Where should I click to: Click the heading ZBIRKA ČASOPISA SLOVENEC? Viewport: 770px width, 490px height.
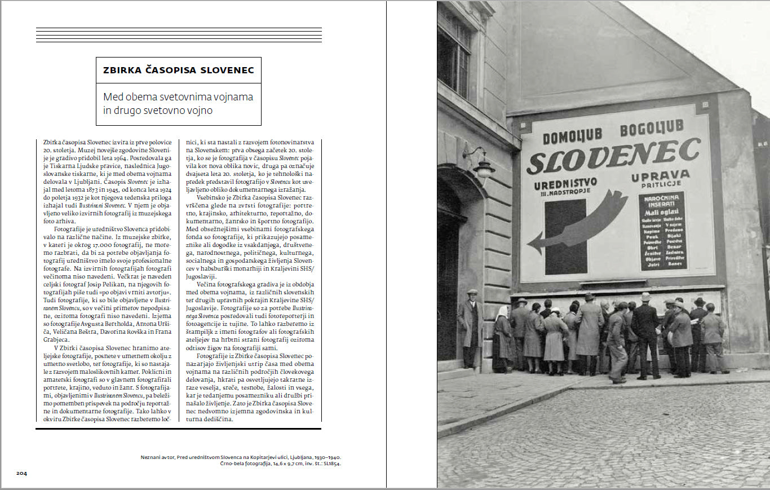178,70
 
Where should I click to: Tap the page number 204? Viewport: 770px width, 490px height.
21,473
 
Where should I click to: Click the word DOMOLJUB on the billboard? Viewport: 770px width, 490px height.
572,136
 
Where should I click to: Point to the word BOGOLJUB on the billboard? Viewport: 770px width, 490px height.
651,129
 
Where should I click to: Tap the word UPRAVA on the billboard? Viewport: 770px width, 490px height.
660,176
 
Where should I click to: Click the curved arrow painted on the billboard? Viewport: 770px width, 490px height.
581,223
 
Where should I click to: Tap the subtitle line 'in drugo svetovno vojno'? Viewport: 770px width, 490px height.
158,111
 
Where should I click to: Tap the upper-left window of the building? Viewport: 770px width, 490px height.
454,54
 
